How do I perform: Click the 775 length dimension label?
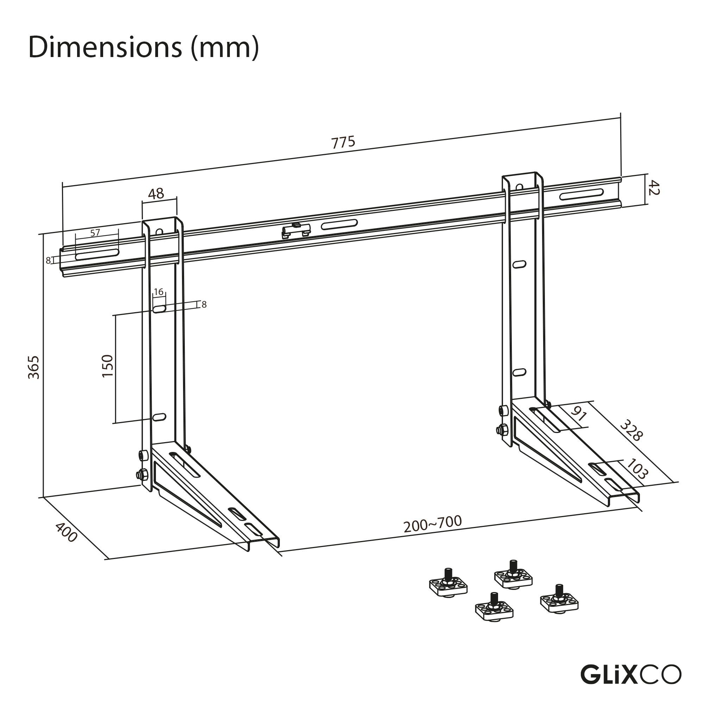click(x=343, y=143)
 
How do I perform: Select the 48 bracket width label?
click(x=156, y=194)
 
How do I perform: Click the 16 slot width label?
click(x=158, y=292)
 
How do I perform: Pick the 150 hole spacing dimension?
click(x=108, y=366)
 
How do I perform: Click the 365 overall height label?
click(x=33, y=367)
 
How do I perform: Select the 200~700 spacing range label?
click(x=433, y=524)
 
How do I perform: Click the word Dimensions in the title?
click(x=105, y=48)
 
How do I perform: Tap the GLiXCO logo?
click(x=630, y=674)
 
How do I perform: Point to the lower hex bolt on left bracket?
click(x=141, y=475)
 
